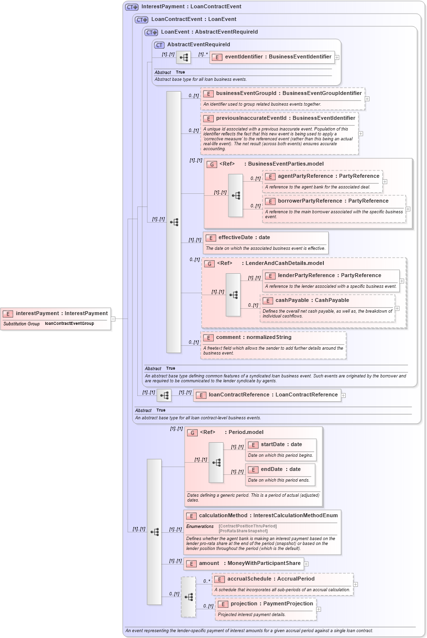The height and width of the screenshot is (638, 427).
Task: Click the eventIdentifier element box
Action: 272,57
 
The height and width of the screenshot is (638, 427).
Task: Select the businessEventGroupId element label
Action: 289,93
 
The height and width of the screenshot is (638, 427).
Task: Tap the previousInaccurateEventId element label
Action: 285,118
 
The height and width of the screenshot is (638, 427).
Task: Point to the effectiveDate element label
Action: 244,238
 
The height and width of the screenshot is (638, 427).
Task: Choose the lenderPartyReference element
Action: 329,275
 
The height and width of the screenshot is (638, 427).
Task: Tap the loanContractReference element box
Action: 267,395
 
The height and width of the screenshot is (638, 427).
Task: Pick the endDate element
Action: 280,469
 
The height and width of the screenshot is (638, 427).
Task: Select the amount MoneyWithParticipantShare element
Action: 244,563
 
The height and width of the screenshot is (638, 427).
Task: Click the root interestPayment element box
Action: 56,314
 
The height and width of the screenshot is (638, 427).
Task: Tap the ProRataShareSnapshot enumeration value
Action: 243,531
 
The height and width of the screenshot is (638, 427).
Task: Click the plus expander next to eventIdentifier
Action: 337,57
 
